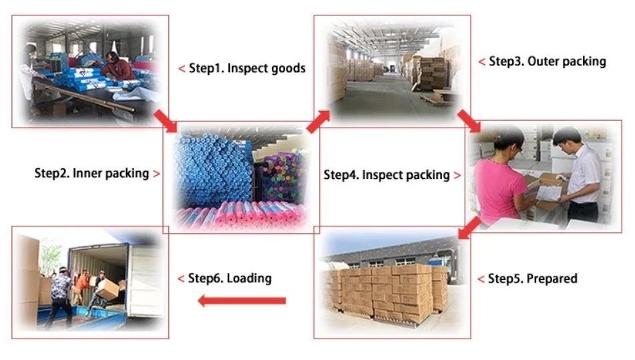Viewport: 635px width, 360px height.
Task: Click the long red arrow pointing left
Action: coord(242,301)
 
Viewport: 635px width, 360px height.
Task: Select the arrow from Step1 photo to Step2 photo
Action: coord(165,120)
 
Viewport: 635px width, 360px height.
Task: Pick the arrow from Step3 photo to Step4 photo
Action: coord(471,120)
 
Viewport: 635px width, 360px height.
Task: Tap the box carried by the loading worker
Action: coord(108,288)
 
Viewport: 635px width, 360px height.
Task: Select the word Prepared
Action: coord(551,279)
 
